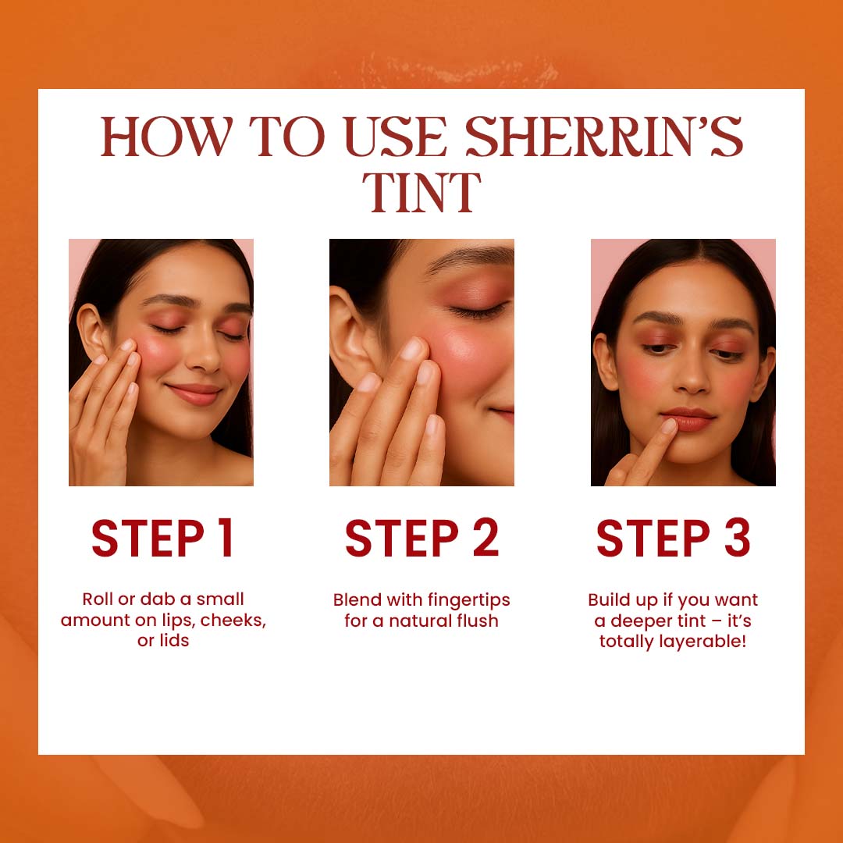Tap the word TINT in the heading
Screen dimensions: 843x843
coord(421,193)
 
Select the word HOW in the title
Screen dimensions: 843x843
coord(167,137)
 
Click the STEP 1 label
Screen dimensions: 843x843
coord(162,538)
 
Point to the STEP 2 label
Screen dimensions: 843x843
coord(422,538)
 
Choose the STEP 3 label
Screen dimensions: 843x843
coord(673,538)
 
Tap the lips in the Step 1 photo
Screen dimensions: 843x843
coord(194,394)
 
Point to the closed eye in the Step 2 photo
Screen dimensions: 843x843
coord(478,311)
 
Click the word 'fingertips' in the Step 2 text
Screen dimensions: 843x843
coord(469,600)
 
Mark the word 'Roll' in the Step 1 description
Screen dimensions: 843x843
coord(96,599)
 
